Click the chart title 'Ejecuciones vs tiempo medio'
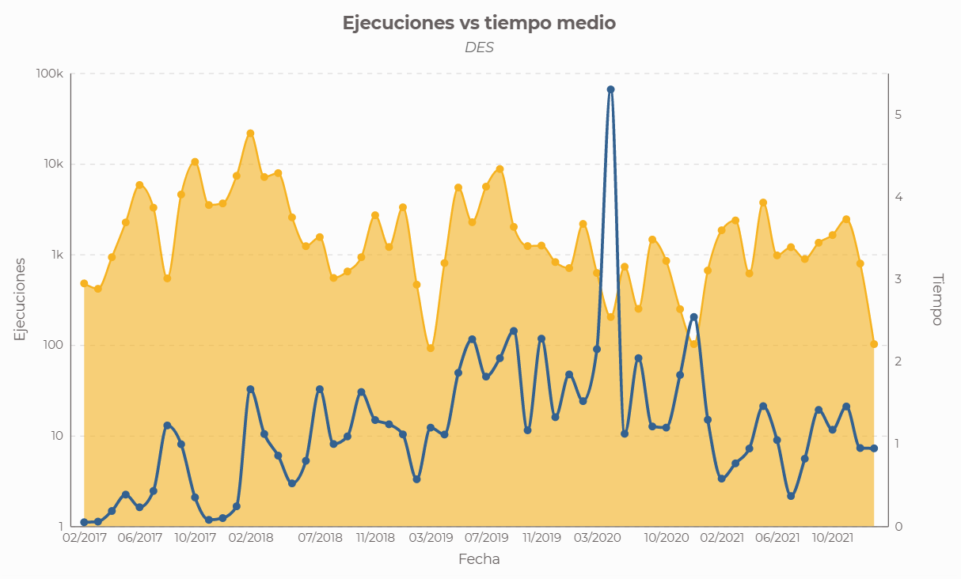(479, 24)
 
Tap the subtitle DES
(479, 47)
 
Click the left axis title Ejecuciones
(21, 299)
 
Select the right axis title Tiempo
(937, 299)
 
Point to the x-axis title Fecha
(479, 559)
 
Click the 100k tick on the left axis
(50, 74)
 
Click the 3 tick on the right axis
(898, 279)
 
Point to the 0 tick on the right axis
(898, 526)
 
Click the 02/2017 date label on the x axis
(85, 538)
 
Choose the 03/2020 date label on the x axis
(597, 538)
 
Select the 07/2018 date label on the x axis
(320, 538)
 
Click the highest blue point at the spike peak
(610, 89)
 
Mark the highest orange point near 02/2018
(250, 134)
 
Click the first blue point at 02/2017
(84, 522)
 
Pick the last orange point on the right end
(874, 344)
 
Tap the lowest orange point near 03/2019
(431, 348)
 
